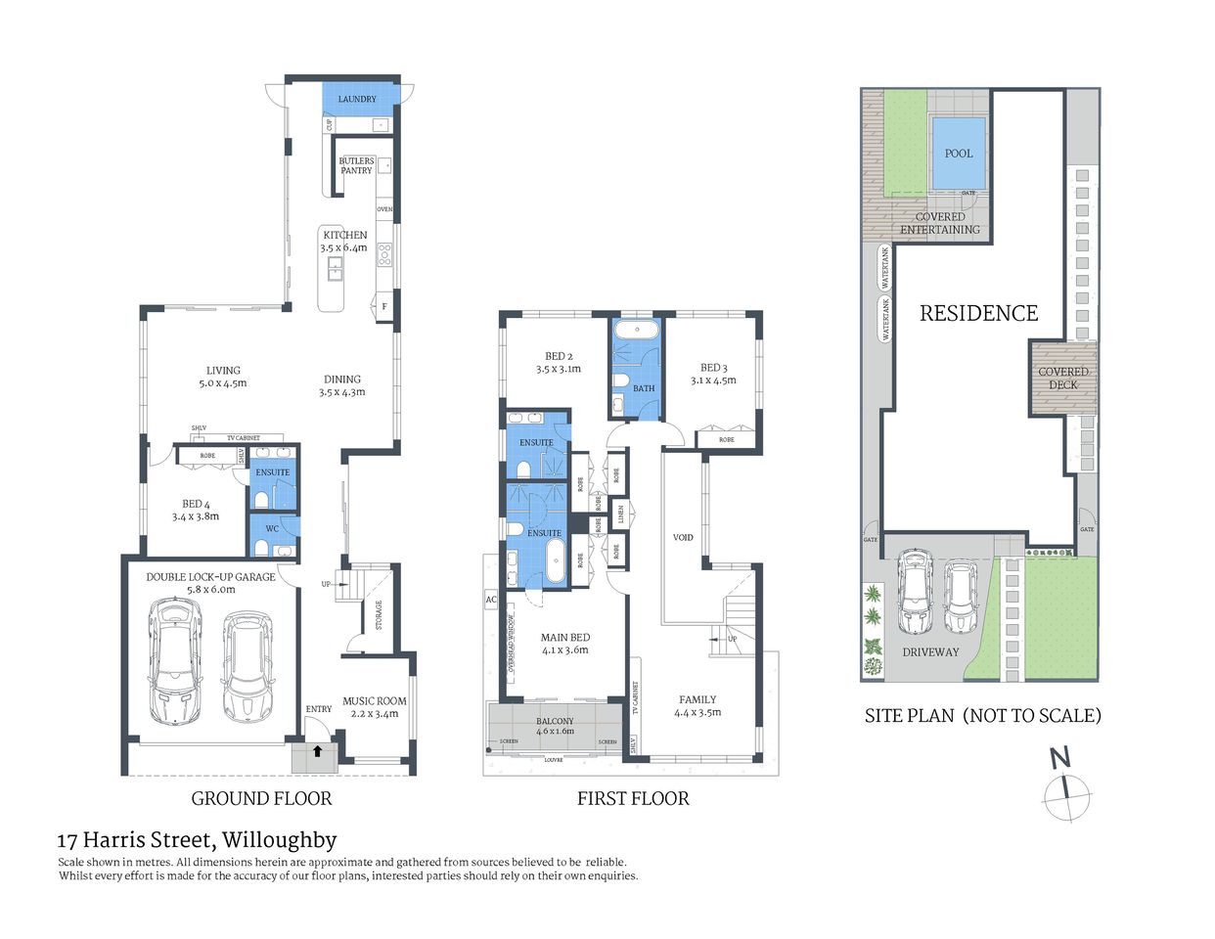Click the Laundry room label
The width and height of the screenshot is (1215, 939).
(357, 99)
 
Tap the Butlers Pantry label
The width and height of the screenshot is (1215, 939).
(356, 165)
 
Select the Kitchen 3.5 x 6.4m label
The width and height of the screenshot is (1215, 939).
(345, 242)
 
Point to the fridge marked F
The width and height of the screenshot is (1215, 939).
(384, 306)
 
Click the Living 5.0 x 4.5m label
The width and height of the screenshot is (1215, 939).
(223, 377)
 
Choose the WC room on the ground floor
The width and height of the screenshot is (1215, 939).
(272, 529)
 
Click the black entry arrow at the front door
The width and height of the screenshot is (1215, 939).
(317, 751)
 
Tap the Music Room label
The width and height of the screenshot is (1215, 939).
(374, 707)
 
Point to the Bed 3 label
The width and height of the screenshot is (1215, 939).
(713, 374)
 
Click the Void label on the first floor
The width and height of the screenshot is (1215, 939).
(683, 537)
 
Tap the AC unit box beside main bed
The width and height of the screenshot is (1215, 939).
(491, 599)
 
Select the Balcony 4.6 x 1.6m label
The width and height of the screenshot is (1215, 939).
(555, 726)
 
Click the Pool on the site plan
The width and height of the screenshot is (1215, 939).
(959, 153)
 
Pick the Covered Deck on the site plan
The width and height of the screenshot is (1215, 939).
(1062, 378)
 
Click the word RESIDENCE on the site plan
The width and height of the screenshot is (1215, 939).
(978, 313)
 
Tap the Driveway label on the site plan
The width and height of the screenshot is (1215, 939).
(930, 651)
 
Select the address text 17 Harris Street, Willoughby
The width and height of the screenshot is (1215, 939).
(197, 840)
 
